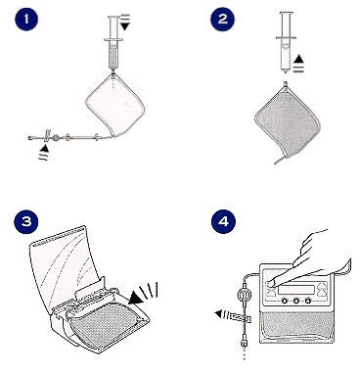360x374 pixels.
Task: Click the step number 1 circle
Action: (x=26, y=19)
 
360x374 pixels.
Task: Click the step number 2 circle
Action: (x=222, y=19)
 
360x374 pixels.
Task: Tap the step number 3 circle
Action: (x=26, y=221)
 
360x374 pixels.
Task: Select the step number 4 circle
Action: (x=223, y=221)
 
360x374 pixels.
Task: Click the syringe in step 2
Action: (x=286, y=42)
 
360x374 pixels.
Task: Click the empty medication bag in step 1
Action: (x=114, y=105)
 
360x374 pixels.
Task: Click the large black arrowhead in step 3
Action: (x=137, y=297)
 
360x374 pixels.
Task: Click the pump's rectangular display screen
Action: (x=296, y=290)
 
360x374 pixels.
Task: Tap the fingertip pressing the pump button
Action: (x=271, y=284)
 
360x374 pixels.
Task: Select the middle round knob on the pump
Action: (x=296, y=301)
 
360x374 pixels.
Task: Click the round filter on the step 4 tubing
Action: (x=243, y=294)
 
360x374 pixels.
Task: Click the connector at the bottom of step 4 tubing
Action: (x=244, y=344)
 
